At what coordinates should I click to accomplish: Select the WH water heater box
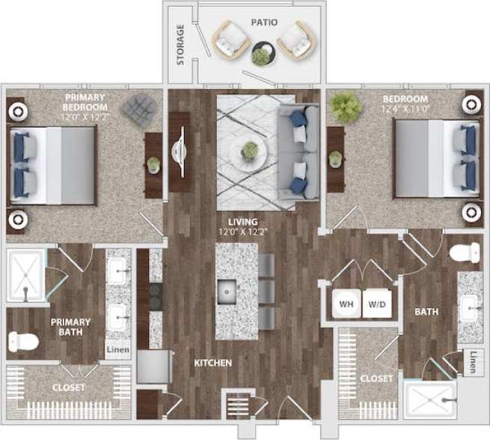tap(346, 305)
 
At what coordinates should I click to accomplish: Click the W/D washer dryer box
tap(376, 305)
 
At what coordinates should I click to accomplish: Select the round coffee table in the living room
tap(249, 153)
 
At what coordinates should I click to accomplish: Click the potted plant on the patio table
tap(261, 56)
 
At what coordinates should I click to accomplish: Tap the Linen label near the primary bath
tap(118, 350)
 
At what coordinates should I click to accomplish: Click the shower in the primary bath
tap(25, 276)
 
